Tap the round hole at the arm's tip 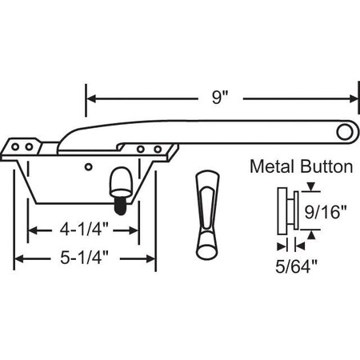point(345,130)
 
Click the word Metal point(274,167)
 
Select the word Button point(325,167)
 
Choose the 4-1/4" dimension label point(85,231)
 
